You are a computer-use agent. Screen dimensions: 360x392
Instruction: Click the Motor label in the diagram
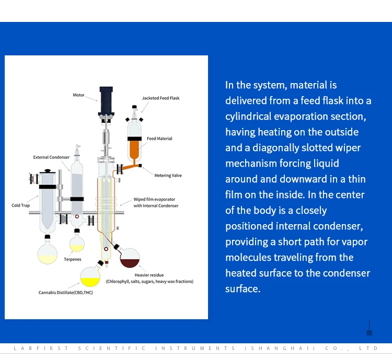click(78, 95)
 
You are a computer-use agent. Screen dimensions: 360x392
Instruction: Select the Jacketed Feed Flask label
click(160, 98)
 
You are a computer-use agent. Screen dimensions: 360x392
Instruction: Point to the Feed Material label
click(159, 138)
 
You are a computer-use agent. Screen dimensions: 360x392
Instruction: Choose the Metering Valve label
click(168, 176)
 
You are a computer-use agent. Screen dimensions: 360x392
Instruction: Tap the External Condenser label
click(51, 157)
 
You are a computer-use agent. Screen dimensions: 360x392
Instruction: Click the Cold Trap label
click(21, 205)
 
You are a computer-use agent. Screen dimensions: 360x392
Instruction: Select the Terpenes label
click(73, 260)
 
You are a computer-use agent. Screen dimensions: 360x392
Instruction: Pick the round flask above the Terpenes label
click(77, 243)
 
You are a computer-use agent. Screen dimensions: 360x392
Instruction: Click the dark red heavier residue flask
click(130, 257)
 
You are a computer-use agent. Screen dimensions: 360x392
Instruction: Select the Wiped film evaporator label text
click(155, 200)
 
